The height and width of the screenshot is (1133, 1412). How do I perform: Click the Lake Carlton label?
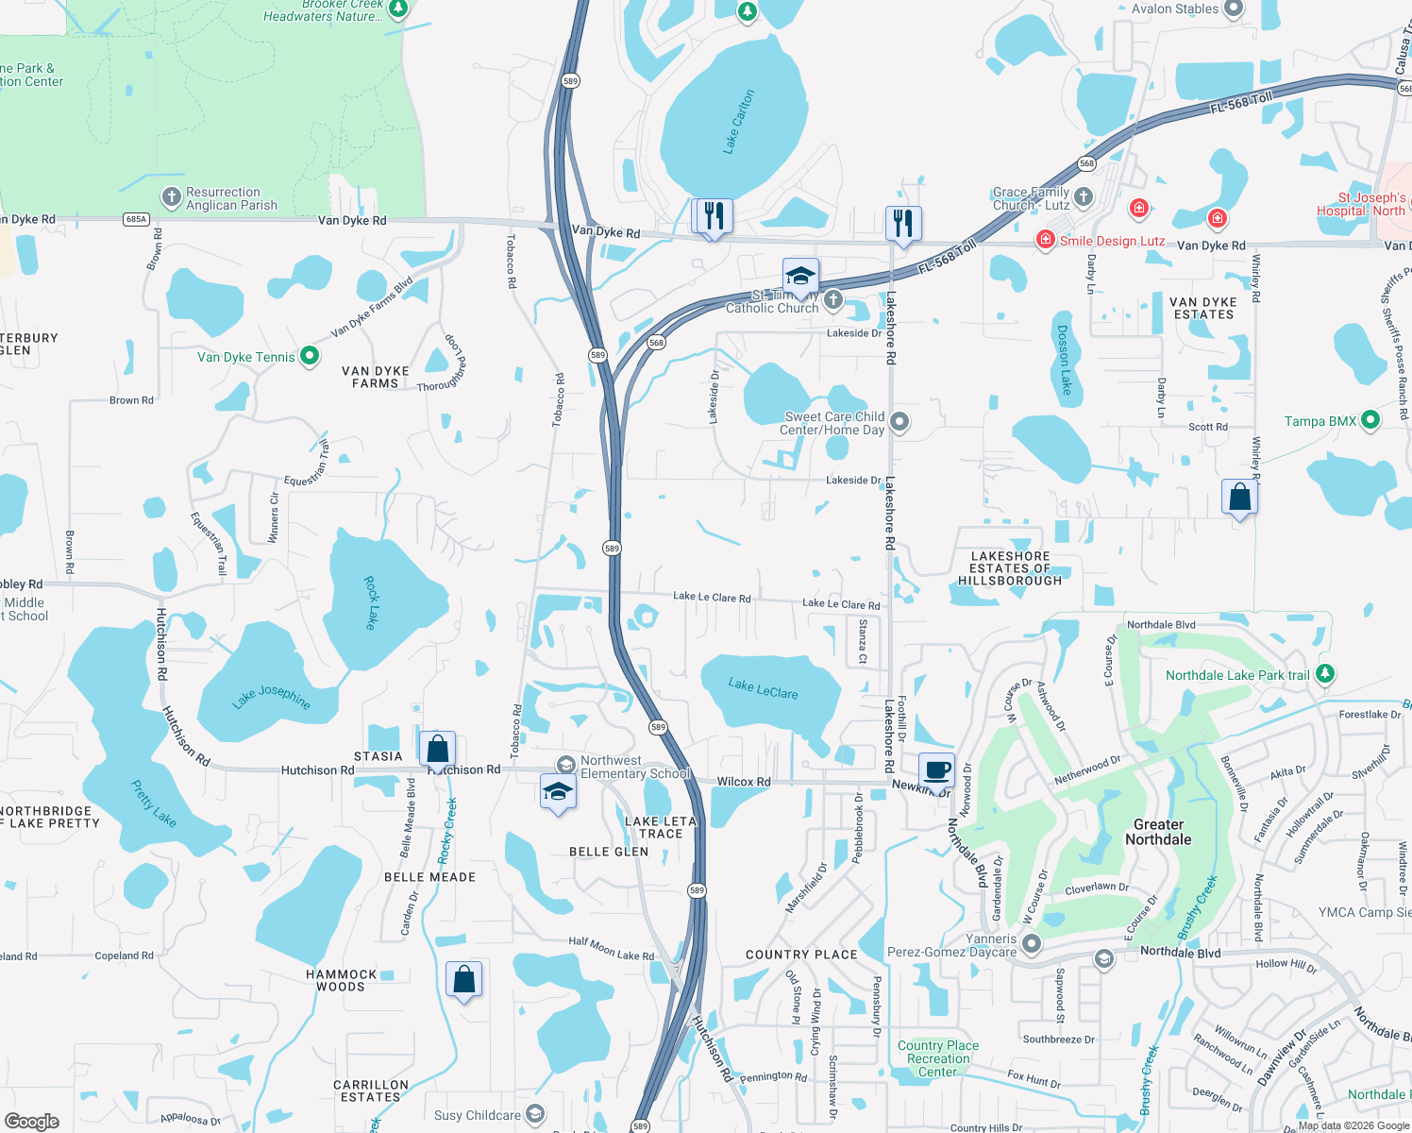pos(739,122)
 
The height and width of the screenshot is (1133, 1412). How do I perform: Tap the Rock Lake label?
pos(371,603)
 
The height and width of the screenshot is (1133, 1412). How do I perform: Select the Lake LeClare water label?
pos(763,688)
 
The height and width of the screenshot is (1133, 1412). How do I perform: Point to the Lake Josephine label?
pos(271,697)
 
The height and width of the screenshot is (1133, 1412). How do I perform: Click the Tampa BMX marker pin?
pos(1370,420)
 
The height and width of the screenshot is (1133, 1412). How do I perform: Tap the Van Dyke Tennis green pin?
pos(310,356)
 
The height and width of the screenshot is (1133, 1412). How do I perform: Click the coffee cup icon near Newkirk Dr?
pos(936,769)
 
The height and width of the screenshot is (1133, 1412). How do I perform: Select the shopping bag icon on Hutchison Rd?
pos(437,750)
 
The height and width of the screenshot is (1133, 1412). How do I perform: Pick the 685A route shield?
pos(136,219)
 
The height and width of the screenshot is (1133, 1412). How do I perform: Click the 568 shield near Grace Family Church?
pos(1086,163)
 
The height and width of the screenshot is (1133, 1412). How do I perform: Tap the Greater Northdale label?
pos(1158,832)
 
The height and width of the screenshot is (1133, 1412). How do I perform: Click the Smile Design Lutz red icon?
pos(1045,240)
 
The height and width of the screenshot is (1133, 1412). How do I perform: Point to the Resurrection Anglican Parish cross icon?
pos(171,197)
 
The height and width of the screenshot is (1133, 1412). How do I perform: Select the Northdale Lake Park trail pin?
pos(1325,673)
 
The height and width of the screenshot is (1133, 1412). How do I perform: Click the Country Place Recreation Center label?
pos(937,1058)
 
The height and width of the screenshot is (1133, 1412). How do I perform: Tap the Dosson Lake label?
pos(1064,360)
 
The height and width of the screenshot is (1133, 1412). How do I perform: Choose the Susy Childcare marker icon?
pos(535,1115)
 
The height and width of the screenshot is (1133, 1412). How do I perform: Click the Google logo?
pos(31,1122)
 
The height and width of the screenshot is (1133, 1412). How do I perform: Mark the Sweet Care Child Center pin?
pos(899,421)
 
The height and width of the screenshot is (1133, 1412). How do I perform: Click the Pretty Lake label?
pos(153,803)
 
